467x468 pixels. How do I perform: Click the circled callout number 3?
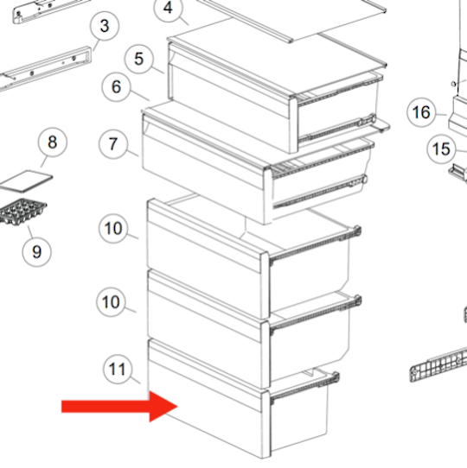[105, 26]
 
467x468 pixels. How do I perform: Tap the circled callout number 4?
[168, 8]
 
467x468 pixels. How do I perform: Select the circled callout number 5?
[139, 59]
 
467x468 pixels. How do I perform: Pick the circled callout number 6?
[116, 87]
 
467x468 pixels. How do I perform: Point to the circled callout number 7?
[113, 144]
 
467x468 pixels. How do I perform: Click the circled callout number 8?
[53, 142]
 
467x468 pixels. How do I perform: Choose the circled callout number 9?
[37, 252]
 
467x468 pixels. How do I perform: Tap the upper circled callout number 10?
[113, 229]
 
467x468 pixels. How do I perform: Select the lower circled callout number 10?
[111, 302]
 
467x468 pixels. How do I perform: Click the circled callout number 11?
[118, 370]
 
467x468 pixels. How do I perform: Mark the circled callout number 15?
[442, 149]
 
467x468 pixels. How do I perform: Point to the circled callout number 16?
[421, 112]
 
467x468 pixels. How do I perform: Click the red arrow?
[119, 406]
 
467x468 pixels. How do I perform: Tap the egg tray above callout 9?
[22, 212]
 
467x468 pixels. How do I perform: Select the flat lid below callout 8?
[25, 181]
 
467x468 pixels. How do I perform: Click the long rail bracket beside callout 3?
[45, 69]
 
